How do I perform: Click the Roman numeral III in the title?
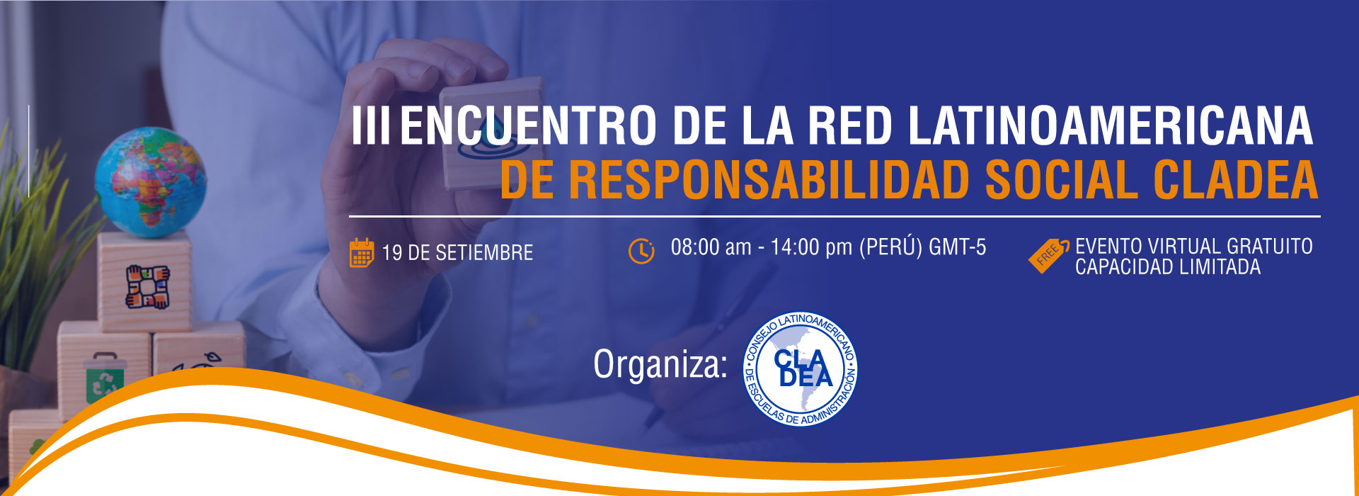pos(371,125)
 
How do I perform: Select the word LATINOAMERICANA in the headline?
pos(1111,125)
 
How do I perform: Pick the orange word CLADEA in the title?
pos(1236,180)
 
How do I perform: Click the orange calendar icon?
pos(362,253)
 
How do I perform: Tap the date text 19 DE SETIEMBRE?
pos(457,253)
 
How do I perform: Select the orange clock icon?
pos(641,251)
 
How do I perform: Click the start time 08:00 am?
pos(711,247)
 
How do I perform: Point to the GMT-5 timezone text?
pos(958,247)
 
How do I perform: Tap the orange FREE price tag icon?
pos(1048,255)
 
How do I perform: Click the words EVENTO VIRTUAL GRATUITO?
pos(1194,247)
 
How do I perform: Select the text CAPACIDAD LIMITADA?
pos(1168,267)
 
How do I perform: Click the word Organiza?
pos(660,366)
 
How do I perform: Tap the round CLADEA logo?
pos(801,369)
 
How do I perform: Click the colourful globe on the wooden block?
pos(150,182)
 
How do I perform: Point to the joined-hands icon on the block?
pos(148,286)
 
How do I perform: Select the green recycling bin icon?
pos(104,378)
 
